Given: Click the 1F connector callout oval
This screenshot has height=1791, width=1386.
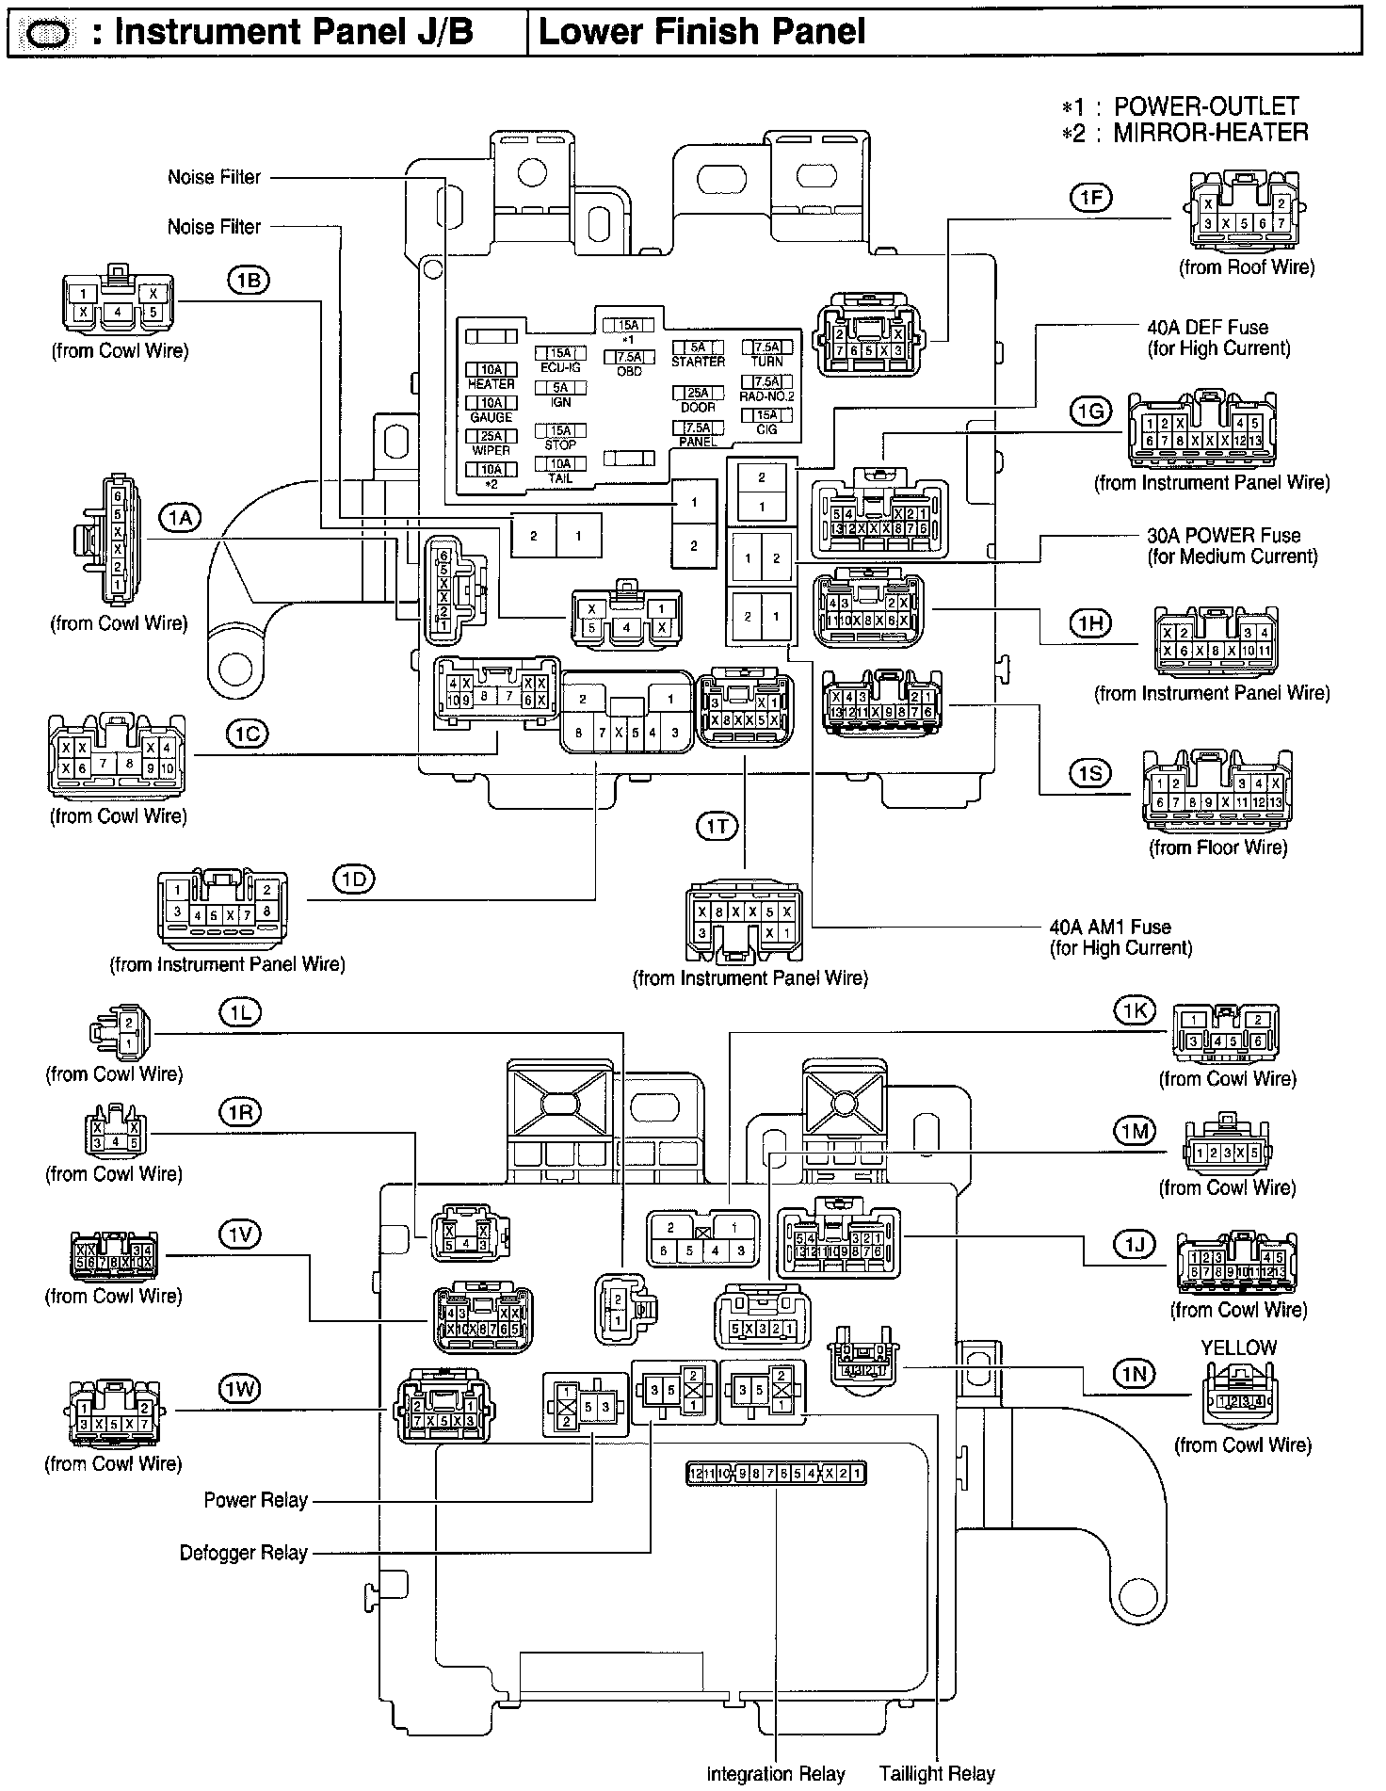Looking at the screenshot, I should pyautogui.click(x=1090, y=197).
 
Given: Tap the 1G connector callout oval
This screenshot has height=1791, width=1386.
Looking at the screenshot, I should pyautogui.click(x=1090, y=411).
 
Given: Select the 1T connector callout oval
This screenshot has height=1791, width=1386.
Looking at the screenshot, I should pyautogui.click(x=717, y=827).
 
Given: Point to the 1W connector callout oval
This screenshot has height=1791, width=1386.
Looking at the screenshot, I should pyautogui.click(x=239, y=1389).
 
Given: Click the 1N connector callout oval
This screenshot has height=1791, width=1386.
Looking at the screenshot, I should pyautogui.click(x=1136, y=1375).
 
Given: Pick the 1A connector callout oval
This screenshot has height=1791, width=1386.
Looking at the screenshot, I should pyautogui.click(x=180, y=517).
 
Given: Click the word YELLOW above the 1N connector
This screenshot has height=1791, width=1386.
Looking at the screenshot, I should pyautogui.click(x=1238, y=1348).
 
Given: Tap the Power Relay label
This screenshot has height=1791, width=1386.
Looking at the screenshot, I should pyautogui.click(x=256, y=1500).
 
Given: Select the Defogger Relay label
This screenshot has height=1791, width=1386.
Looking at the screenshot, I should pyautogui.click(x=244, y=1553).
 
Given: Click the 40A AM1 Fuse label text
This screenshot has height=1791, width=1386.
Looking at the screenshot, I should pyautogui.click(x=1110, y=927).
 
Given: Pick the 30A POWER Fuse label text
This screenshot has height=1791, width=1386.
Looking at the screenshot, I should pyautogui.click(x=1223, y=536).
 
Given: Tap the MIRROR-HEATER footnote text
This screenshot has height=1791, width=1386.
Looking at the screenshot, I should pyautogui.click(x=1211, y=133).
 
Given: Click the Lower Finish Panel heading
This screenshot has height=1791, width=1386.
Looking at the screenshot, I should pyautogui.click(x=701, y=33).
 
